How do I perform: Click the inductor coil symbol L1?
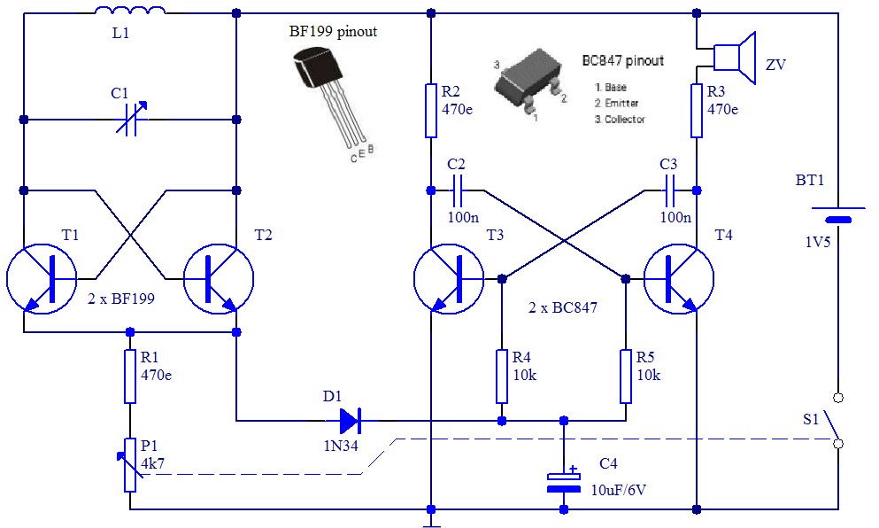click(x=130, y=10)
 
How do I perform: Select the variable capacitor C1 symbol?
click(x=131, y=119)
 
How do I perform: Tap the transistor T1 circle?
click(x=42, y=278)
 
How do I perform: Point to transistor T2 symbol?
click(x=219, y=278)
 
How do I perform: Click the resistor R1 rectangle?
click(x=130, y=377)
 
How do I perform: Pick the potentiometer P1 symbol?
click(x=130, y=465)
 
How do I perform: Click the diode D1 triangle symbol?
click(x=351, y=420)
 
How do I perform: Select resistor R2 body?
click(x=430, y=111)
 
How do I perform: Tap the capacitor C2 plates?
click(x=457, y=190)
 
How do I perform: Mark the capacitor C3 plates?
click(x=669, y=190)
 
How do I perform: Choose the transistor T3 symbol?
click(x=449, y=278)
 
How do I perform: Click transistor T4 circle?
click(x=679, y=278)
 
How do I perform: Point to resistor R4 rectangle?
click(x=502, y=377)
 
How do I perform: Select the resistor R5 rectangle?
click(x=626, y=377)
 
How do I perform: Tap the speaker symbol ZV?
click(x=735, y=58)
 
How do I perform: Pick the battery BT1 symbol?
click(x=838, y=214)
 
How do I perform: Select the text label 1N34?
click(x=340, y=446)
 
